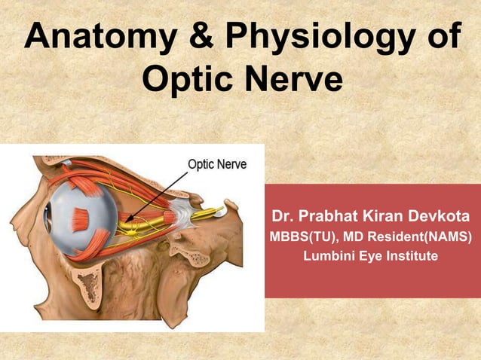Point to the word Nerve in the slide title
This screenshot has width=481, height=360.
[x=291, y=80]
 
